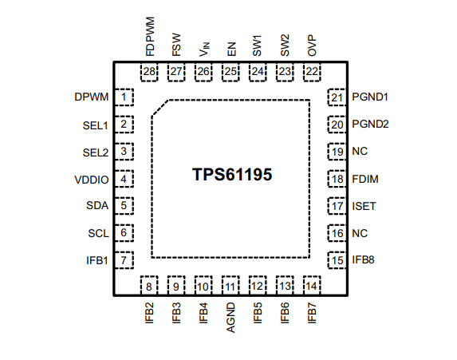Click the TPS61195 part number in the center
(232, 175)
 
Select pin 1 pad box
(124, 97)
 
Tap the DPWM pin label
(92, 97)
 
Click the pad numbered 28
(149, 72)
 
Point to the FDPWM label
(150, 37)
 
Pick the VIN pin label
(204, 49)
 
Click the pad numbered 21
(337, 97)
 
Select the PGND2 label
(370, 125)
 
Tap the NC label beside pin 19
(360, 152)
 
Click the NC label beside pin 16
(360, 233)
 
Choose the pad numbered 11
(230, 285)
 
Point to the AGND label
(230, 318)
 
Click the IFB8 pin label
(363, 260)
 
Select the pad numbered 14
(312, 285)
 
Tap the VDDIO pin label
(92, 180)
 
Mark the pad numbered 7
(124, 260)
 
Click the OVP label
(312, 45)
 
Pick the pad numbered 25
(230, 72)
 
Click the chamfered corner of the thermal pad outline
(160, 108)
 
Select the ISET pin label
(364, 206)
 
